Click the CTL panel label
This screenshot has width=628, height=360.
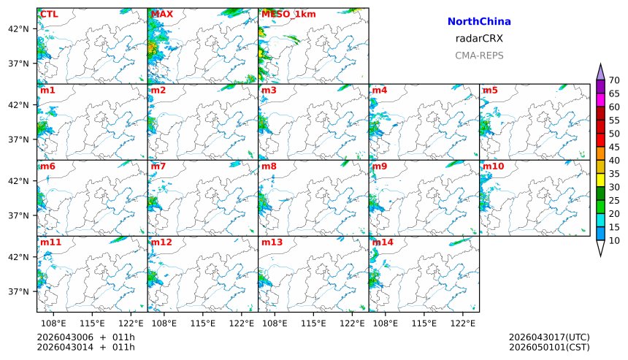tap(49, 14)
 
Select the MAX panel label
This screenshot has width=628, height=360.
tap(161, 14)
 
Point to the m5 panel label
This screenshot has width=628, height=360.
tap(489, 90)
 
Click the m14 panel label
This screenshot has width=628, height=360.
tap(382, 242)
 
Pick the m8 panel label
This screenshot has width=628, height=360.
tap(269, 166)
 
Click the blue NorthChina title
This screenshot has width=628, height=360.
tap(479, 22)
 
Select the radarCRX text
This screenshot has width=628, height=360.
tap(479, 39)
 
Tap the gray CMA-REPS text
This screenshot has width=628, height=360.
tap(479, 55)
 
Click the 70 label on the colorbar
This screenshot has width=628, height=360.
tap(614, 80)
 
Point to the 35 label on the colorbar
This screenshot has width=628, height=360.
tap(614, 174)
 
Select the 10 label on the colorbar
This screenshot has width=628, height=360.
tap(614, 240)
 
